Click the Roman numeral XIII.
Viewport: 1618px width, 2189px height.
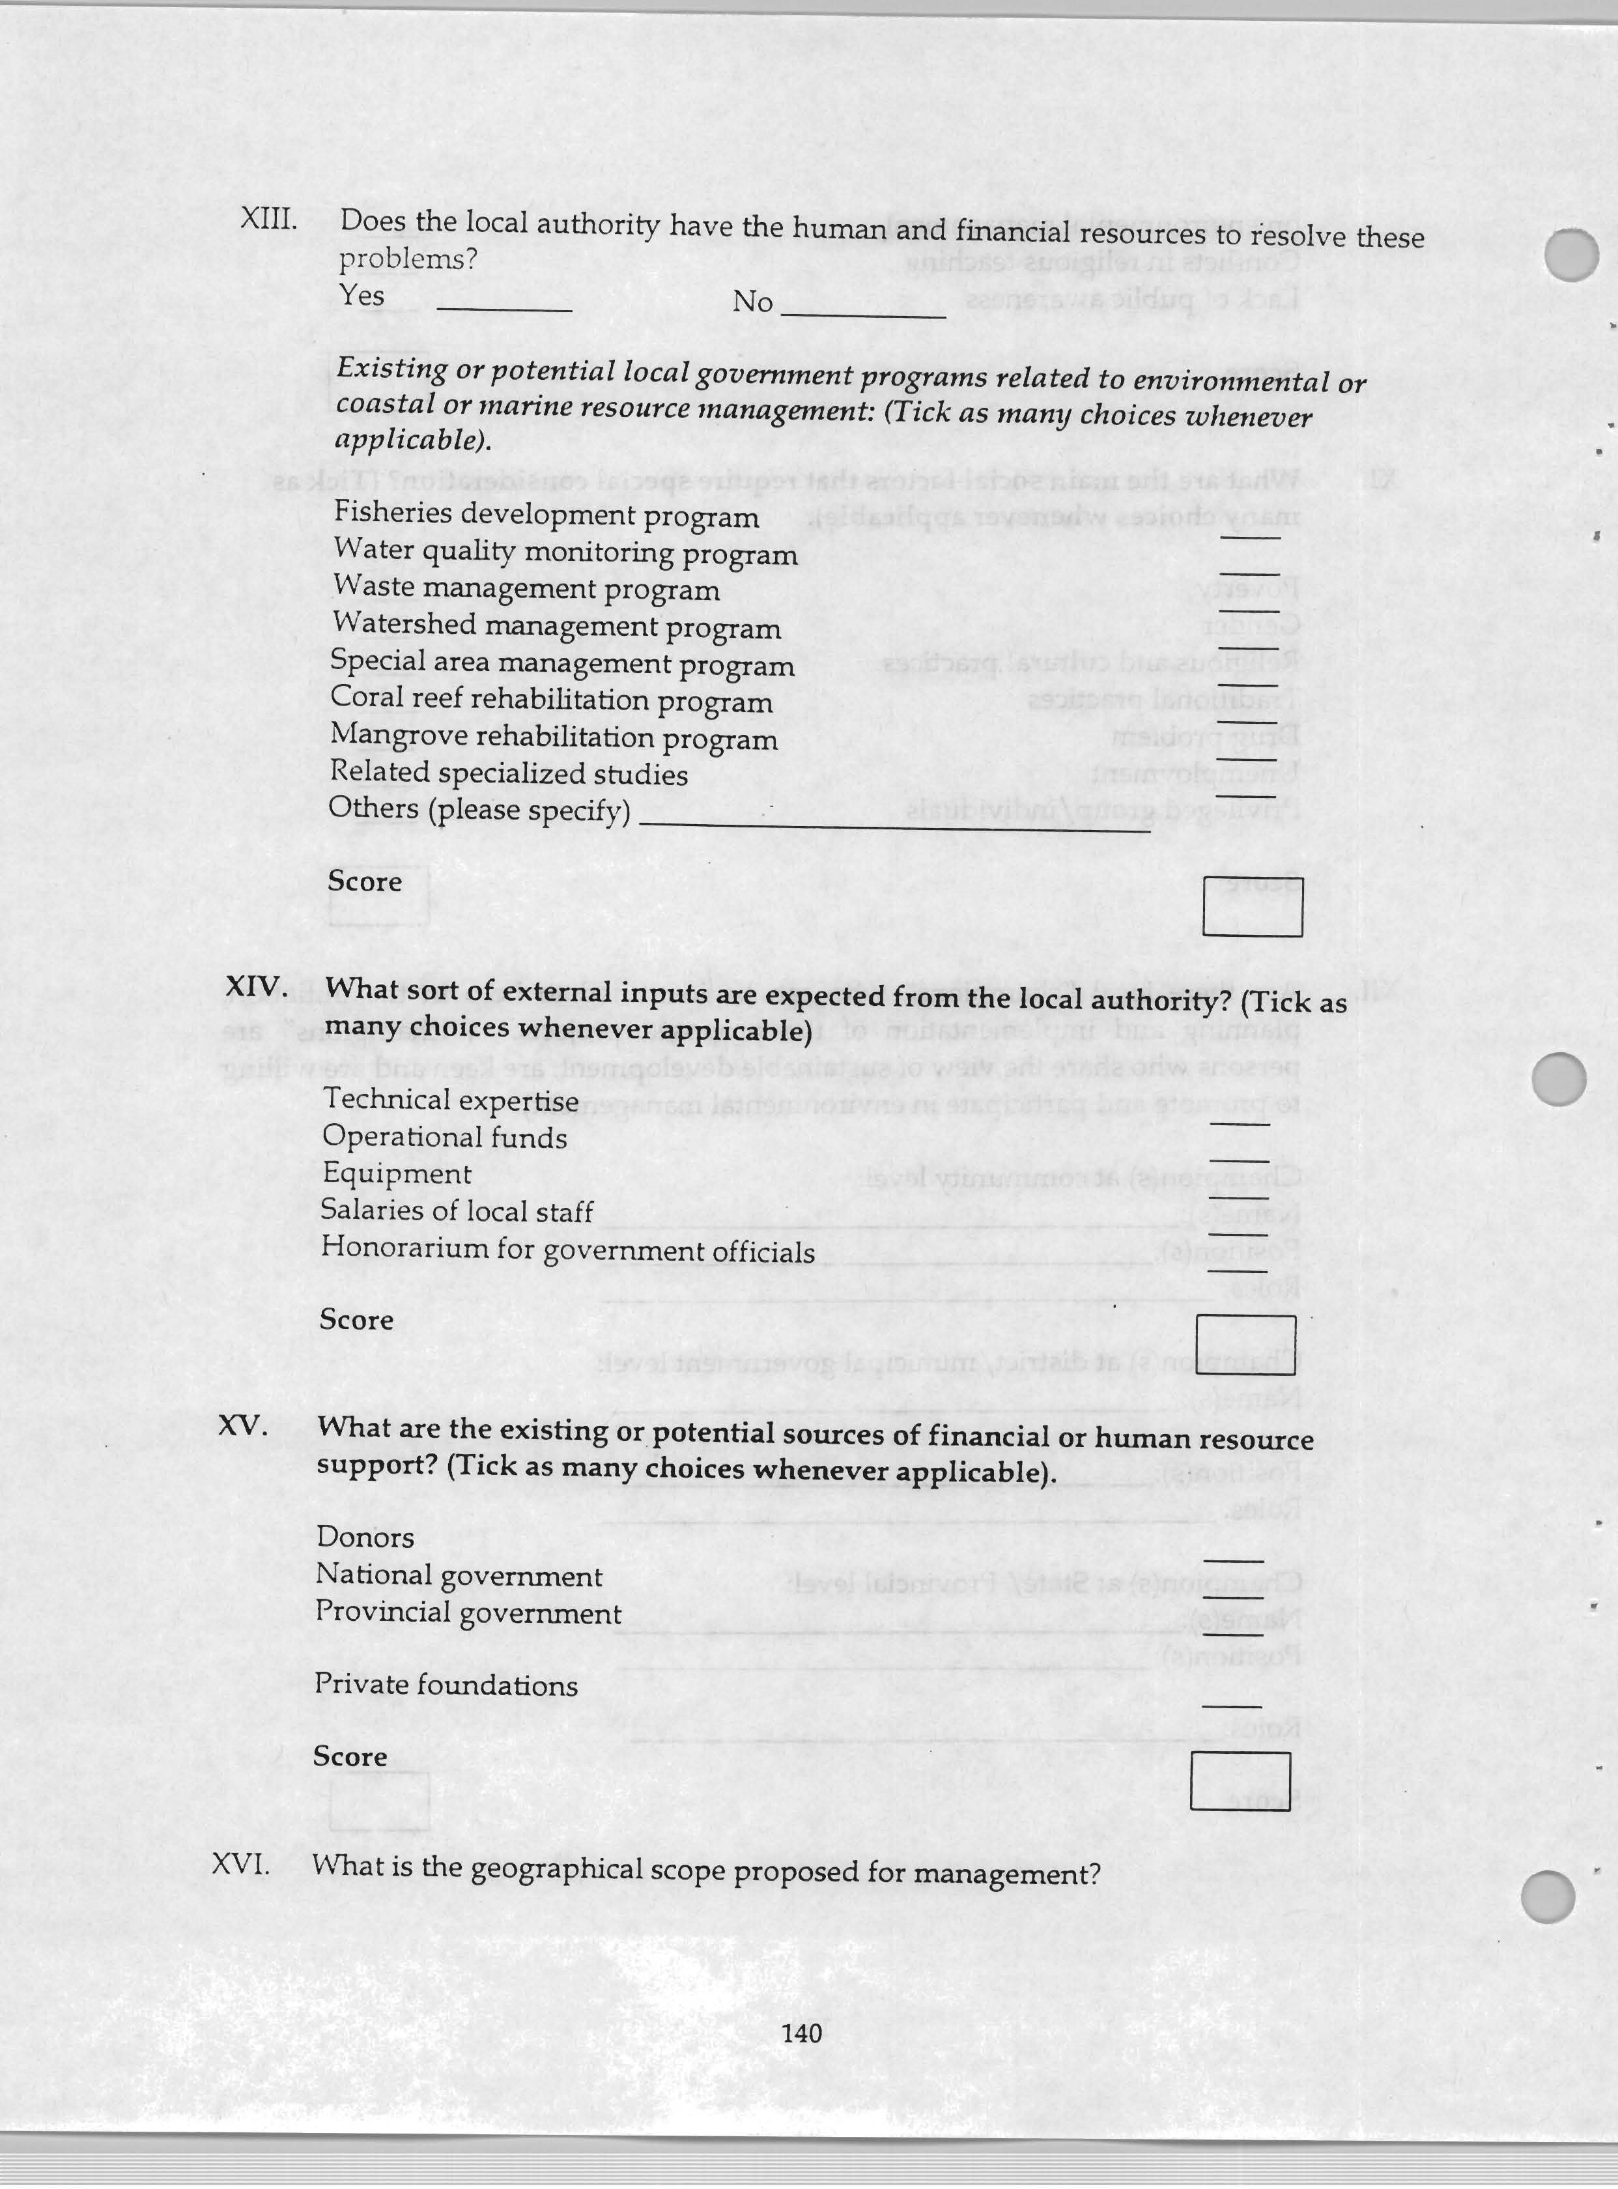[268, 218]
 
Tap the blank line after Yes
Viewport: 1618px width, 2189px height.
[504, 309]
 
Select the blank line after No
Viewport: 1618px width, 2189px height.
[862, 315]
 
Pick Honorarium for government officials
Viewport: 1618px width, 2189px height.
[567, 1251]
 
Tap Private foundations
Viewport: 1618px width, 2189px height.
[446, 1685]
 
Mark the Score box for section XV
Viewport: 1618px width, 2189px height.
[1240, 1781]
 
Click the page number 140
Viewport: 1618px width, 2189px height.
[802, 2032]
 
